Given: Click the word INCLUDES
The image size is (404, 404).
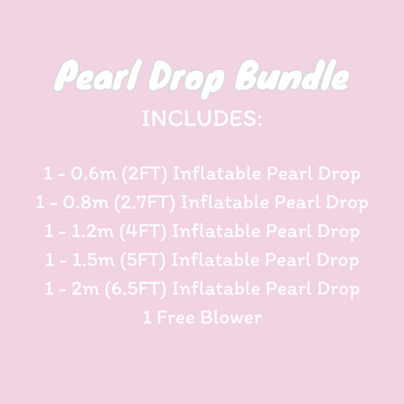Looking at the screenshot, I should coord(202,118).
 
